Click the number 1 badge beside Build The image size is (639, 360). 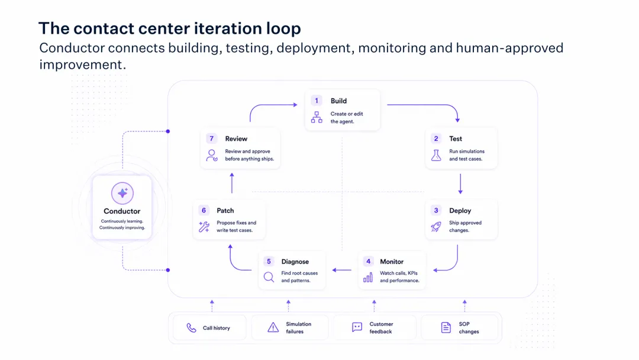(x=316, y=101)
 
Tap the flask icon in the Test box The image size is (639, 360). (x=436, y=155)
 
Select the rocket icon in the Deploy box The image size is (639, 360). (x=436, y=227)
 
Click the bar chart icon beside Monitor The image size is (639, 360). (x=368, y=277)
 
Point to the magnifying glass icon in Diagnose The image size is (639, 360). (x=269, y=277)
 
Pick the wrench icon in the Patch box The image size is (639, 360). (x=204, y=227)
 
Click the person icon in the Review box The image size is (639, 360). (x=212, y=155)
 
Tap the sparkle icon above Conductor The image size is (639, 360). (x=122, y=193)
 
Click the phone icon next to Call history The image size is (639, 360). (x=191, y=328)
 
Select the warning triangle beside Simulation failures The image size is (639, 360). (x=273, y=327)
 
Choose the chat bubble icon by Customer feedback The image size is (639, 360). (x=357, y=327)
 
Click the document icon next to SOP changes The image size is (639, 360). (x=446, y=327)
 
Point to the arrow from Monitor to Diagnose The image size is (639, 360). (x=341, y=270)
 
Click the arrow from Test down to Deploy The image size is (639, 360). (x=460, y=184)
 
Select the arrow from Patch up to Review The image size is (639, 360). (x=232, y=183)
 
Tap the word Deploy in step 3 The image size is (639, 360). (x=460, y=211)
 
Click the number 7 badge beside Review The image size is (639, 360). (x=211, y=139)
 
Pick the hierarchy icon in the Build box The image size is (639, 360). (x=317, y=117)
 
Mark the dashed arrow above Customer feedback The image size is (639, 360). (x=374, y=306)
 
